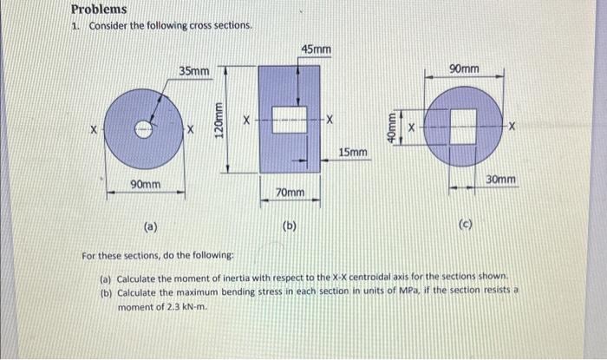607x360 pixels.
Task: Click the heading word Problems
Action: click(99, 10)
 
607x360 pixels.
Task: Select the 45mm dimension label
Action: click(316, 51)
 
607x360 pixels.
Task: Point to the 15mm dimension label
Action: click(351, 154)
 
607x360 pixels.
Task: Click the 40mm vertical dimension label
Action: click(391, 128)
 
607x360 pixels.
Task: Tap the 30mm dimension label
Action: click(501, 180)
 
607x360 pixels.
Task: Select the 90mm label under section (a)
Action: click(145, 185)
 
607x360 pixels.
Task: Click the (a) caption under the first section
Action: click(150, 227)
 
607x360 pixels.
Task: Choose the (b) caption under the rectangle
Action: click(290, 226)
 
